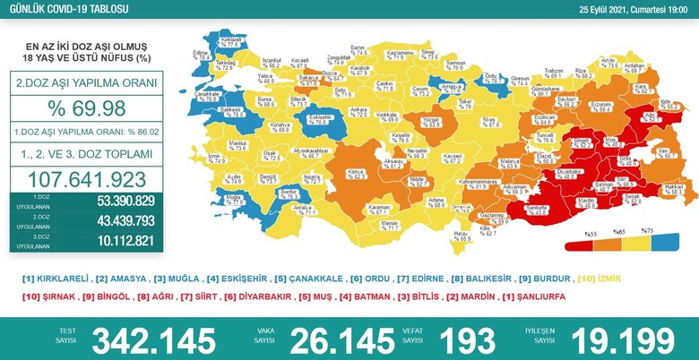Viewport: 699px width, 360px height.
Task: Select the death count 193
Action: pos(467,339)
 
